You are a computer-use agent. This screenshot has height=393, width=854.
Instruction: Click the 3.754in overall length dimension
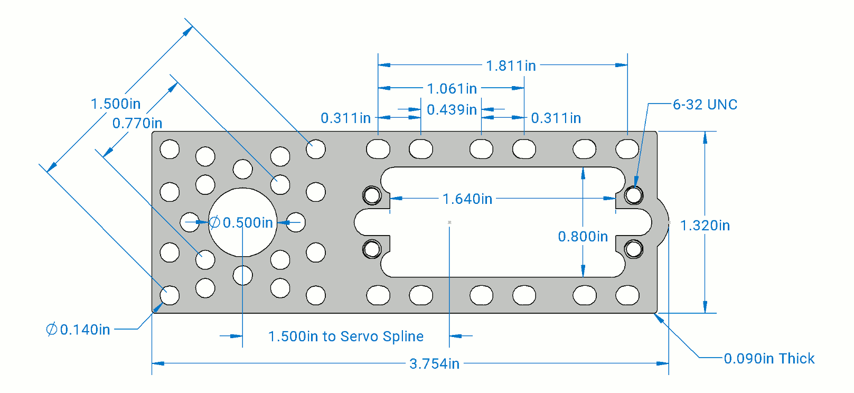(x=434, y=363)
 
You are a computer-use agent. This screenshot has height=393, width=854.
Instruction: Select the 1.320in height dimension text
(x=705, y=226)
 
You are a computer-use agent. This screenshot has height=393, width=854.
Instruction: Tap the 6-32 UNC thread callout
(x=705, y=105)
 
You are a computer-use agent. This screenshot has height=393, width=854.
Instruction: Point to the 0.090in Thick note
(x=768, y=359)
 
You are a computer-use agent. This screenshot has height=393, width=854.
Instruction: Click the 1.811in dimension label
(x=510, y=65)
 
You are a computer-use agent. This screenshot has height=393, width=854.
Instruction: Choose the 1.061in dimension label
(x=452, y=88)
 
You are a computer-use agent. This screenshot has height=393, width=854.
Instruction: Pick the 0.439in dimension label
(x=452, y=110)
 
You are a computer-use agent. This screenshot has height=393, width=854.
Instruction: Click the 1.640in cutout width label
(x=467, y=199)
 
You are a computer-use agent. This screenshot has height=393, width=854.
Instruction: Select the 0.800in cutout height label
(x=583, y=236)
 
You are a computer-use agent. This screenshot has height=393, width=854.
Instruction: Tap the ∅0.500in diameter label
(x=241, y=222)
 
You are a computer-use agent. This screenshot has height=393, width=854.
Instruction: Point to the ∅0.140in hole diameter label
(x=78, y=330)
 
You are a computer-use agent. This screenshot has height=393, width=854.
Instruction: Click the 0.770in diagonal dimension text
(x=137, y=123)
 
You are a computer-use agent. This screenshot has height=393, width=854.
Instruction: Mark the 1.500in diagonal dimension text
(x=115, y=104)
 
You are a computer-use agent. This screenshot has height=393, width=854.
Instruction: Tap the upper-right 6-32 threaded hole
(x=633, y=195)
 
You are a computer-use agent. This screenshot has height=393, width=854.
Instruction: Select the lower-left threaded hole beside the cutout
(x=372, y=248)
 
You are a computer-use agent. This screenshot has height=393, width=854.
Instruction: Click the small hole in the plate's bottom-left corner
(x=170, y=295)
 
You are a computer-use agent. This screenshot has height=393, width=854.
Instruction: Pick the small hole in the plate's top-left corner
(x=170, y=149)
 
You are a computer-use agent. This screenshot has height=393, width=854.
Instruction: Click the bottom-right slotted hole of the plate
(x=627, y=295)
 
